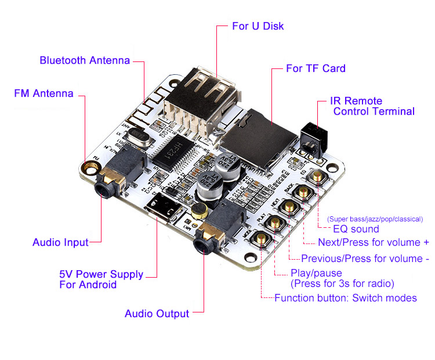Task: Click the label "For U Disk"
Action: (258, 26)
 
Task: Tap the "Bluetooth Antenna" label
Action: (85, 60)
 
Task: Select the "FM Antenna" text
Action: (43, 93)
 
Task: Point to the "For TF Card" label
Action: (316, 68)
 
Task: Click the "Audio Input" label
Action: (60, 242)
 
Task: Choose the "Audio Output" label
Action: (157, 314)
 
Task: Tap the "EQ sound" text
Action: (356, 230)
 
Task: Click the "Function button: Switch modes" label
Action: (345, 298)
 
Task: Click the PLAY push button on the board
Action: (274, 224)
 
